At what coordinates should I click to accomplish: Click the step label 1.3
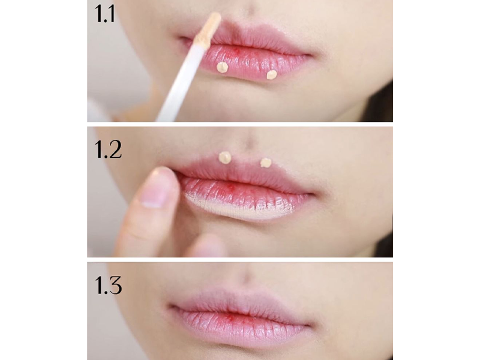(x=109, y=286)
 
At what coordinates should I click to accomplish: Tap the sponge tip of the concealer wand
(x=209, y=27)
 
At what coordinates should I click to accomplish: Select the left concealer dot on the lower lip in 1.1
(x=223, y=67)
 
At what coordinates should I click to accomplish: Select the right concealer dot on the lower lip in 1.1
(x=272, y=74)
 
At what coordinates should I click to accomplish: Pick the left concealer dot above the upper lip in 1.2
(x=225, y=157)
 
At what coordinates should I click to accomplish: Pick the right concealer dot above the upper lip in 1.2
(x=266, y=163)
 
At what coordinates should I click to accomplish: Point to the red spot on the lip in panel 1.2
(x=231, y=187)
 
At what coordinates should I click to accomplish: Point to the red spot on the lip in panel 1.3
(x=229, y=317)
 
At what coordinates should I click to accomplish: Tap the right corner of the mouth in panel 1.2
(x=311, y=194)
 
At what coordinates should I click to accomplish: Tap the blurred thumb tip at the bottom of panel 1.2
(x=208, y=246)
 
